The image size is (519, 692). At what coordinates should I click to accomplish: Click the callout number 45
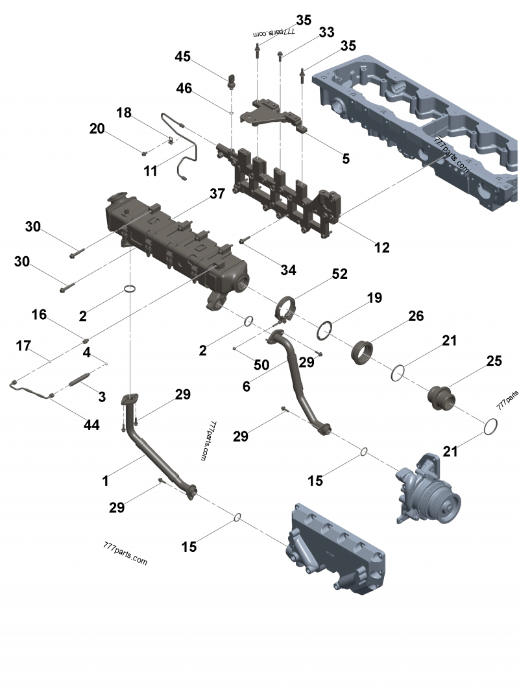[182, 56]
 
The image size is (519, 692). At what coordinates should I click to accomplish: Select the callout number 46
[184, 88]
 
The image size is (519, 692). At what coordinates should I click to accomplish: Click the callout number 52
[339, 275]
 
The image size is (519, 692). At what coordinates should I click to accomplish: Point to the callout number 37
[217, 193]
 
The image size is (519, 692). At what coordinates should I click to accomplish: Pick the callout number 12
[381, 246]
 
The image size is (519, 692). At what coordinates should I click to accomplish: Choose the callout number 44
[91, 425]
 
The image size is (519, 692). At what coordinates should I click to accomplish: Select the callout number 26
[415, 316]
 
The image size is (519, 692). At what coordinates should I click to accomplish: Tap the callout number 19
[374, 298]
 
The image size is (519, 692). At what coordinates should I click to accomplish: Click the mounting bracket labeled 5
[272, 115]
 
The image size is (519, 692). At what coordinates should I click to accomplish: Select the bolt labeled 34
[245, 241]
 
